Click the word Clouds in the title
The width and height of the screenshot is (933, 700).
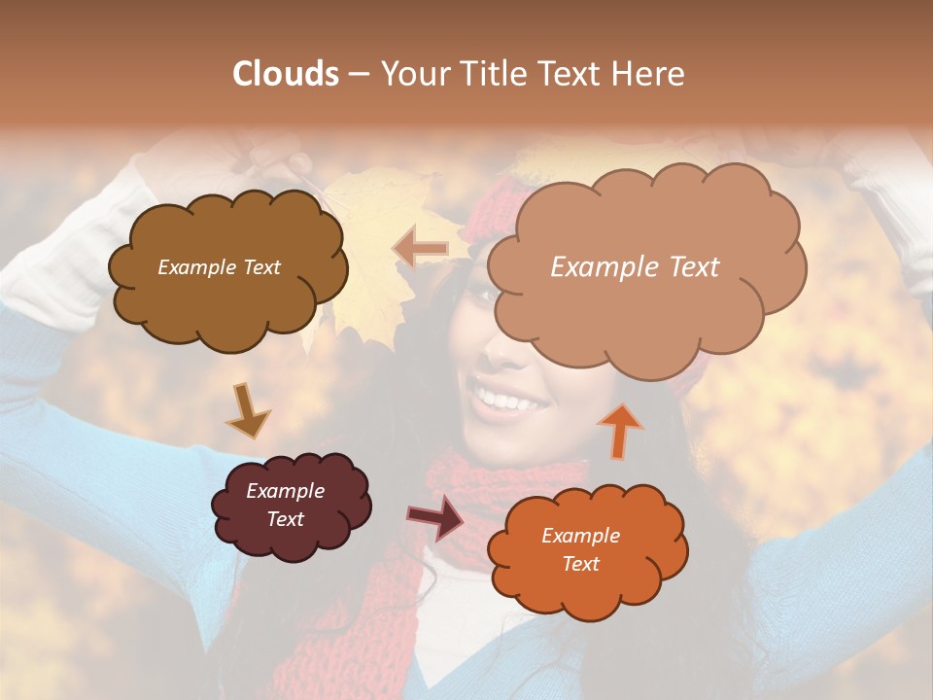[286, 74]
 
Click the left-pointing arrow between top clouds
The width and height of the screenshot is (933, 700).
[420, 248]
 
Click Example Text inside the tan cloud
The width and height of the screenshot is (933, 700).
[635, 267]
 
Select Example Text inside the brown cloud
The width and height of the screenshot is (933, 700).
[219, 267]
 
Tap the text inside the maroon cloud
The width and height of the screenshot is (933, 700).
[286, 506]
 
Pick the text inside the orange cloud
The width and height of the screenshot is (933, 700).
[580, 549]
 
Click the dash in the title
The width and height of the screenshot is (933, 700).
[358, 74]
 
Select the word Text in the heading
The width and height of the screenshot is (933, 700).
[572, 74]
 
